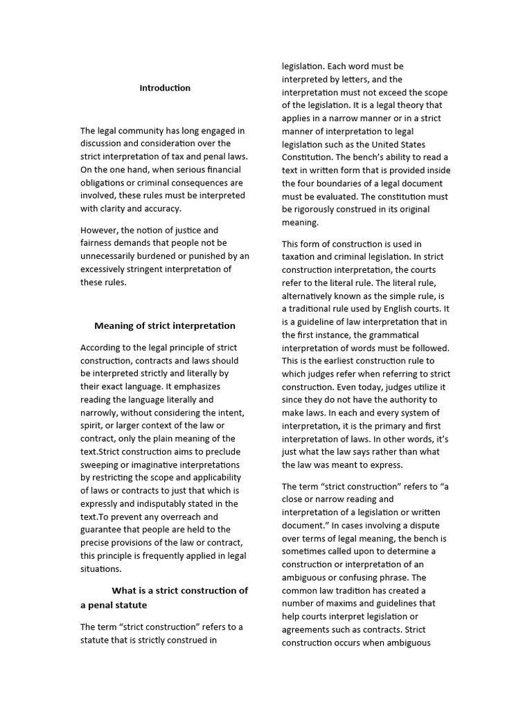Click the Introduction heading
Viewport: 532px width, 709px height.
pyautogui.click(x=165, y=88)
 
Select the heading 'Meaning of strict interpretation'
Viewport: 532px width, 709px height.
pyautogui.click(x=165, y=325)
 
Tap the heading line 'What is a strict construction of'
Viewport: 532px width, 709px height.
pyautogui.click(x=180, y=591)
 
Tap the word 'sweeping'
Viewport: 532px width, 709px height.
pyautogui.click(x=98, y=465)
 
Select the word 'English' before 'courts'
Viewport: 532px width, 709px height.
pyautogui.click(x=402, y=308)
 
